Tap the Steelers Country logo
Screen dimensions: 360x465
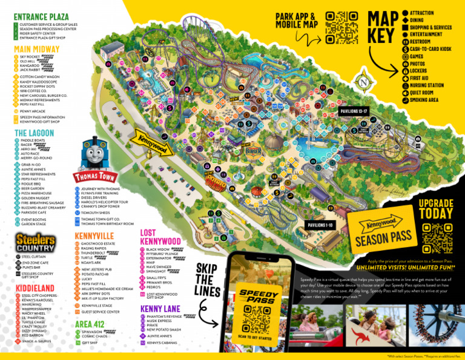tap(35, 242)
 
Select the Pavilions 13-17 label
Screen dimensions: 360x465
tap(354, 112)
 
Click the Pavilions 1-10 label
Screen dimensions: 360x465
tap(322, 225)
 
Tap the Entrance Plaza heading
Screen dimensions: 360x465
tap(41, 16)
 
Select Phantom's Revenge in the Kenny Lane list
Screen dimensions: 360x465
tap(163, 316)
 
